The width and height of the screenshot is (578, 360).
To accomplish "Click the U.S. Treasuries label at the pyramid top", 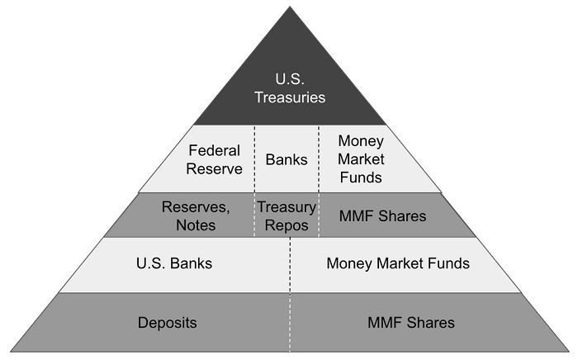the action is pos(290,88).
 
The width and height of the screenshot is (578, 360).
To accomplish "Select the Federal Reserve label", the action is pos(214,159).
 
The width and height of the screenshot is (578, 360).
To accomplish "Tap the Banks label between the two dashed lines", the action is pos(287,159).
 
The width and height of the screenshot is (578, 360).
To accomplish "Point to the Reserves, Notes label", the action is pos(196,216).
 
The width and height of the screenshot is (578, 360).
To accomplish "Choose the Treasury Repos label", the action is pos(287,216).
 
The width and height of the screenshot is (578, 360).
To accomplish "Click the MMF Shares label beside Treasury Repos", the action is pos(382,216).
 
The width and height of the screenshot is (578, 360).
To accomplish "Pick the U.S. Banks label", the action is pos(174,263).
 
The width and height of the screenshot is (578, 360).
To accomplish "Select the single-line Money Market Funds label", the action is pos(398,263).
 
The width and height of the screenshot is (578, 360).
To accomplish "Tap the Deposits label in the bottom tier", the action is pos(168,323).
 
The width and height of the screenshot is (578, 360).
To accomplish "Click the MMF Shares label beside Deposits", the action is pos(411,323).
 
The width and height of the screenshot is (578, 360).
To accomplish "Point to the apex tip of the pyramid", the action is pos(290,7).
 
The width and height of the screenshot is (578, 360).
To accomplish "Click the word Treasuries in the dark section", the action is pos(290,97).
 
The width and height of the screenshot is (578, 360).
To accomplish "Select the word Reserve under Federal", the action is pos(214,168).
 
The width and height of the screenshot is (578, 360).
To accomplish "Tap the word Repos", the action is pos(287,225).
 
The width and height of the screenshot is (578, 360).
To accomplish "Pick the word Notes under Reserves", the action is pos(196,225).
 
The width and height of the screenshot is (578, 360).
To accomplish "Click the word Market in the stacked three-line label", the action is pos(361,159).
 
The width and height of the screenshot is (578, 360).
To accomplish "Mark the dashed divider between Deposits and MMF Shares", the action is pos(290,322).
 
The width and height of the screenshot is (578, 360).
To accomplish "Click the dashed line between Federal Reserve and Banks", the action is pos(254,159).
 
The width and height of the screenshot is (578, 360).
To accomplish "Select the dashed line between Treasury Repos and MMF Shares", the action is pos(319,216).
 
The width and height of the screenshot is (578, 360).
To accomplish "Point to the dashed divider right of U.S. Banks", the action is pos(290,265).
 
